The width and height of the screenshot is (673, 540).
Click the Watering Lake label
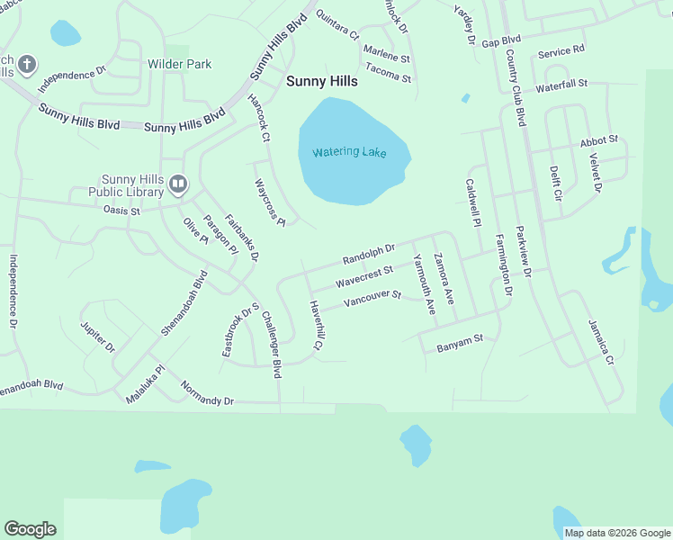pos(349,152)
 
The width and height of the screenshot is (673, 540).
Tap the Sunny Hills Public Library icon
pos(178,185)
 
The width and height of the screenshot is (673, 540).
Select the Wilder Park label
pos(179,64)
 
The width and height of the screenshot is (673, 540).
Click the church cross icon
pos(27,64)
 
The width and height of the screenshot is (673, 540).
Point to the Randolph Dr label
pos(369,255)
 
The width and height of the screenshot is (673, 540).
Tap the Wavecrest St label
pos(364,275)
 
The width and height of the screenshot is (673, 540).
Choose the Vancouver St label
pos(372,297)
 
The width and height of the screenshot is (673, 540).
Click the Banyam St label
pos(460,340)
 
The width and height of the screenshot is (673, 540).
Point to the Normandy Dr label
pos(207,393)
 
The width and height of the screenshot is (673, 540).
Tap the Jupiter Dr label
pos(98,336)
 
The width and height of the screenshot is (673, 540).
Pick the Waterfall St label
pos(561,85)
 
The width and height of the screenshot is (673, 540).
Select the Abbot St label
pos(599,140)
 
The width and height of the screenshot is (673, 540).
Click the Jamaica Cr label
pos(600,342)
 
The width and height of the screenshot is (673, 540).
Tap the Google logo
pos(30,529)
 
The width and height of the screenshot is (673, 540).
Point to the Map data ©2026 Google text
pos(616,533)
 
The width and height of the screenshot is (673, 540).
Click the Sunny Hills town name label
pos(321,81)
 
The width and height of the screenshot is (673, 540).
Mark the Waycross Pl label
pos(269,202)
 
